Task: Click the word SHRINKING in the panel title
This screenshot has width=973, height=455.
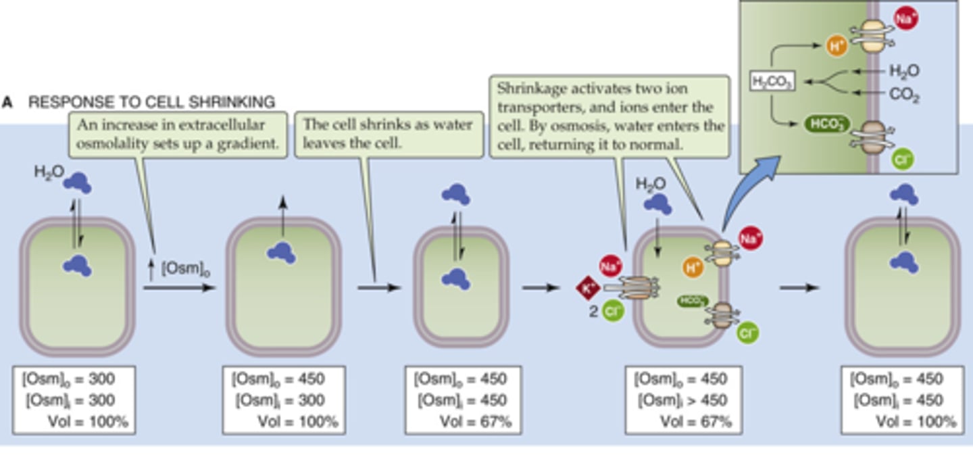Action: click(x=228, y=103)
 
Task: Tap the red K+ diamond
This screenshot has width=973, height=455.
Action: click(x=587, y=289)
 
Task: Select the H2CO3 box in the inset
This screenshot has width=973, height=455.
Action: click(x=772, y=82)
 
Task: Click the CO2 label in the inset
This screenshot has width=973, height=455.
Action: click(x=904, y=95)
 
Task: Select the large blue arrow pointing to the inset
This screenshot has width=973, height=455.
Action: click(x=749, y=193)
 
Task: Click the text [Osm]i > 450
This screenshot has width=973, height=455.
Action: click(x=681, y=400)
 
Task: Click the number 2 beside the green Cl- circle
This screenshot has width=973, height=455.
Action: click(x=593, y=313)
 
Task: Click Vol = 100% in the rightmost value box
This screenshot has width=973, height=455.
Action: click(x=916, y=422)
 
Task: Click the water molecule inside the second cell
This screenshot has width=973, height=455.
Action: click(x=282, y=252)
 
